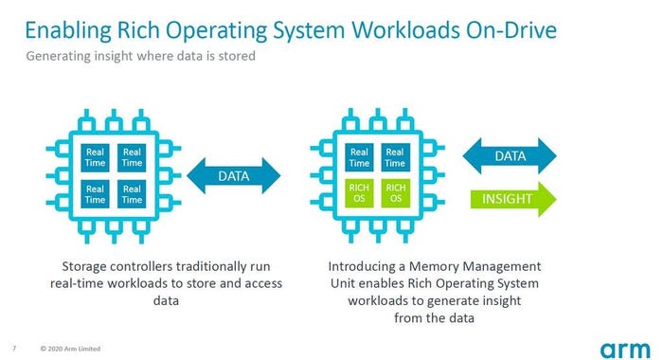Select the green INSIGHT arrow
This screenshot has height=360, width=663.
pyautogui.click(x=510, y=199)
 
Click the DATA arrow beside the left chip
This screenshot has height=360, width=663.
pyautogui.click(x=234, y=175)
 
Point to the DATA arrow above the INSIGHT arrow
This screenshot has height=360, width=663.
pyautogui.click(x=510, y=155)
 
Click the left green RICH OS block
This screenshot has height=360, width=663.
pyautogui.click(x=360, y=194)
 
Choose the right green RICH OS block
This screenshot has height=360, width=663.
pyautogui.click(x=396, y=194)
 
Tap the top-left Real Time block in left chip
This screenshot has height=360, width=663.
pyautogui.click(x=96, y=157)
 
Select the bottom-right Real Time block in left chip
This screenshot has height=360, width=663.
pyautogui.click(x=132, y=194)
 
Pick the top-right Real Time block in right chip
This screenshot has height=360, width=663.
pyautogui.click(x=396, y=157)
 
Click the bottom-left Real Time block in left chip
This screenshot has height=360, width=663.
pyautogui.click(x=96, y=194)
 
